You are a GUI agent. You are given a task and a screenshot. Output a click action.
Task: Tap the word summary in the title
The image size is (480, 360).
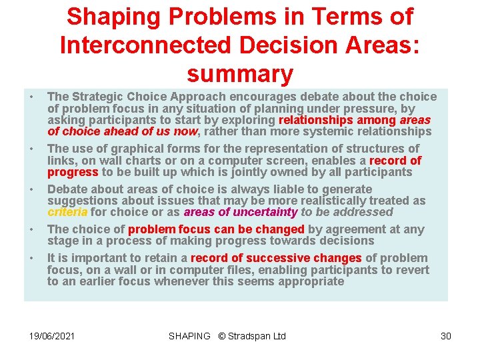coord(240,73)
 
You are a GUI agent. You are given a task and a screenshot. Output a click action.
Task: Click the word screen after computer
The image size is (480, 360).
coord(336,161)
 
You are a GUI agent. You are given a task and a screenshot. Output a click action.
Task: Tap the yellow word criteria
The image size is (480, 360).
coord(67,212)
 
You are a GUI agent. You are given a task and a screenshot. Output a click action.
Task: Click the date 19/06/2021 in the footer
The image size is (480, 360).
coord(52,336)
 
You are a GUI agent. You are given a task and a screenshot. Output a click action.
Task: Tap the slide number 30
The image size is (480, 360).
coord(446,336)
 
